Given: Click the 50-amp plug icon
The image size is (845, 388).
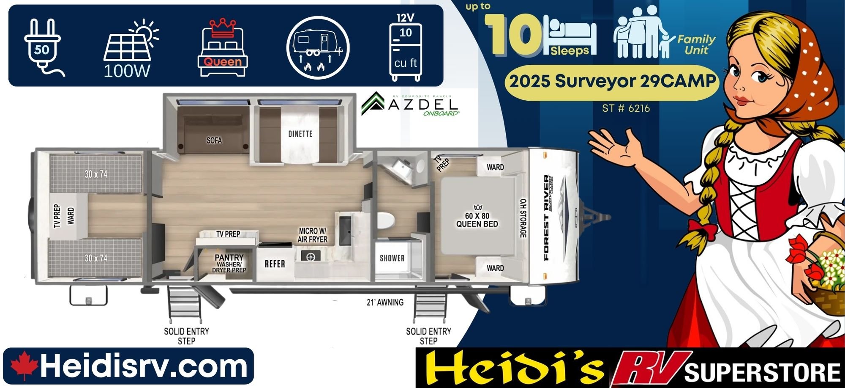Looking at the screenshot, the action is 44,47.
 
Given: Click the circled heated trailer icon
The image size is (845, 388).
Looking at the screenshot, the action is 318,48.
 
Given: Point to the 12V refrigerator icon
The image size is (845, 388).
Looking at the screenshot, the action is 405,47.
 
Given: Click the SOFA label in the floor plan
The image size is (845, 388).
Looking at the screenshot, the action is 214,140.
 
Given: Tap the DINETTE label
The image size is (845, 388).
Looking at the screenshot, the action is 300,134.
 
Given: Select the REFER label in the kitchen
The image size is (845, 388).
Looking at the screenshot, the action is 275,264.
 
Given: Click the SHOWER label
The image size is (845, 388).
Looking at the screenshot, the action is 392,258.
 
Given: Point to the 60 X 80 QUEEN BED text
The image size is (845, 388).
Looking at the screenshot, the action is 477,220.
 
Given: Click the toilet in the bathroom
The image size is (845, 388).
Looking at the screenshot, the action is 385,220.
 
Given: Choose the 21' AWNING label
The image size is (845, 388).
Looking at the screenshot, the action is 385,303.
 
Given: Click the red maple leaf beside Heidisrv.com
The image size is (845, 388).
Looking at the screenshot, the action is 24,366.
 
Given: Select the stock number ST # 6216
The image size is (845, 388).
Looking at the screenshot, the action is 626,108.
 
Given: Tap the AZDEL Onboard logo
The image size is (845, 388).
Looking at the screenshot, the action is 410,104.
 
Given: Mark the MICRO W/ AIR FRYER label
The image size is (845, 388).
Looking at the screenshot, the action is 313,235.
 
